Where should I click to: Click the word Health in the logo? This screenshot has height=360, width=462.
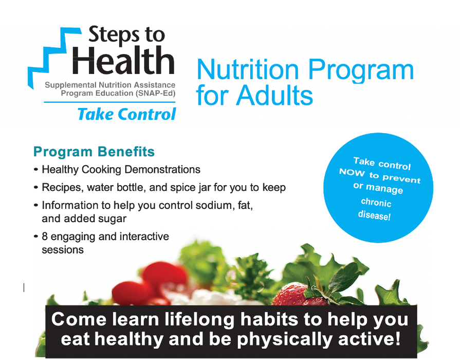(123, 61)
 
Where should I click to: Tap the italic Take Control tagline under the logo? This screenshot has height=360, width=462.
(126, 114)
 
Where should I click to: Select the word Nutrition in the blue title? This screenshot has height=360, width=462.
(247, 70)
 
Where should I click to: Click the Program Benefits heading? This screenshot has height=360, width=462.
(94, 152)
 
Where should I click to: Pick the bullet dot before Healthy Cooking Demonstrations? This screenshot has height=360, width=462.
(36, 170)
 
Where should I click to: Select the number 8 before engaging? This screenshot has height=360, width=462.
(45, 237)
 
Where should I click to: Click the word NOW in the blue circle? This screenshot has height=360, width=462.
(352, 172)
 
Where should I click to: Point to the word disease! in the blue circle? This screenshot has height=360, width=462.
(374, 215)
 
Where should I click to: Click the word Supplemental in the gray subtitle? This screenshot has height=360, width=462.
(70, 85)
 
